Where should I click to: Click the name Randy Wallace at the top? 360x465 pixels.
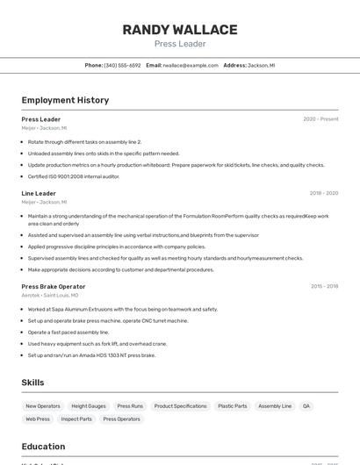coord(180,30)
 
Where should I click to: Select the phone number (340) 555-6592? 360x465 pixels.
coord(122,65)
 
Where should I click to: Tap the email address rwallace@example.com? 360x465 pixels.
coord(191,65)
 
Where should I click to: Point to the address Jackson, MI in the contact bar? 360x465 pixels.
coord(262,65)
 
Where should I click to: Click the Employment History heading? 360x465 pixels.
coord(65,100)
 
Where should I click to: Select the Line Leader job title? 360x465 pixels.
coord(39,193)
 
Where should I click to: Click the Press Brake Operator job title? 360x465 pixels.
coord(54,286)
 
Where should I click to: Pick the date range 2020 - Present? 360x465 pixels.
coord(320,119)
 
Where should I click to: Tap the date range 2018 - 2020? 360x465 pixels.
coord(323,193)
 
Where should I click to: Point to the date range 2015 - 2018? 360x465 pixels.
coord(323,286)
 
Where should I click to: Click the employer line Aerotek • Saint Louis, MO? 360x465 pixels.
coord(50,296)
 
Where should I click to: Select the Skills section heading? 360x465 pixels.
coord(32,383)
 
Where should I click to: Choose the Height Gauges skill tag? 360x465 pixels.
coord(89,406)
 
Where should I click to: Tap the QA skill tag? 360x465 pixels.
coord(306,406)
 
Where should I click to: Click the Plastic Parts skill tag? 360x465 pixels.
coord(233,406)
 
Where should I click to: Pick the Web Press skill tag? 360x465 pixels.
coord(38,419)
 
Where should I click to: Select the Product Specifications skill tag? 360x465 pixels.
coord(180,406)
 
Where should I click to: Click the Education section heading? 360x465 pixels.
coord(43,447)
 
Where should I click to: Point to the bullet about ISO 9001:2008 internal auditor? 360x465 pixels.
coord(74,176)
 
